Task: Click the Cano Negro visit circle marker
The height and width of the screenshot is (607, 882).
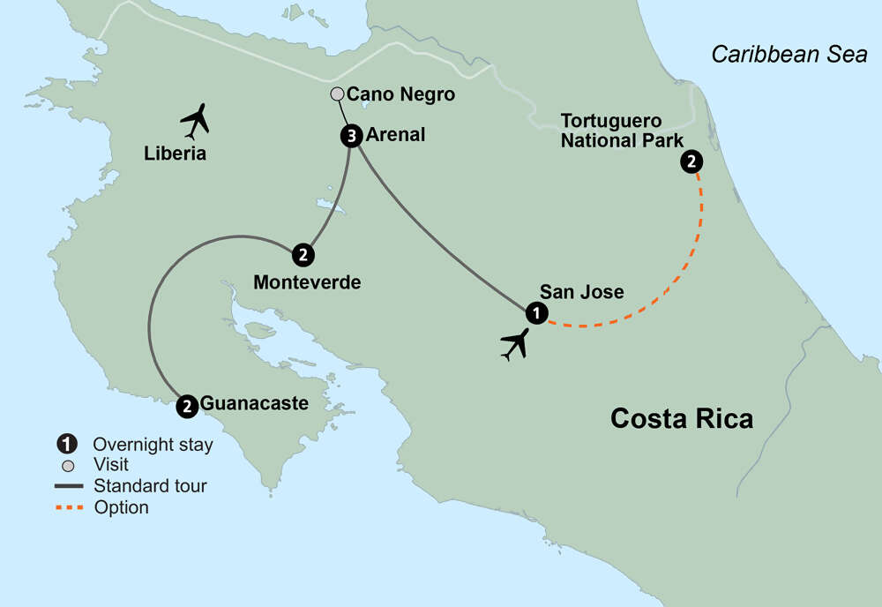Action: point(336,94)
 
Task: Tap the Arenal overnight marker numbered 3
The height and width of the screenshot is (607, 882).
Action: point(350,136)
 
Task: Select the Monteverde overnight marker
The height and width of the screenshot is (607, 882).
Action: point(303,255)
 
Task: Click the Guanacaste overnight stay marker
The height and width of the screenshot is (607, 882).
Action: point(187,406)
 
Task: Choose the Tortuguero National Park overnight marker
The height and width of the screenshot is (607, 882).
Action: point(691,161)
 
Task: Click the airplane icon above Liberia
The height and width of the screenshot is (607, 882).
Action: point(195,121)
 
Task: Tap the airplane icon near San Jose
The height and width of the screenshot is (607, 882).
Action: point(513,343)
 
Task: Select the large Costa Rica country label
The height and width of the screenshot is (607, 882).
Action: point(682,417)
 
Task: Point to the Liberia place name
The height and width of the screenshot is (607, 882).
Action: point(176,154)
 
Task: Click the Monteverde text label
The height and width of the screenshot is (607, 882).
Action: point(307,283)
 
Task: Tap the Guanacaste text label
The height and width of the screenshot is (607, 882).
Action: point(255,404)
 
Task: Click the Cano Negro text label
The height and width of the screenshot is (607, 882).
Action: point(401,94)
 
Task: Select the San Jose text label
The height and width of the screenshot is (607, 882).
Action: point(581,291)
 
